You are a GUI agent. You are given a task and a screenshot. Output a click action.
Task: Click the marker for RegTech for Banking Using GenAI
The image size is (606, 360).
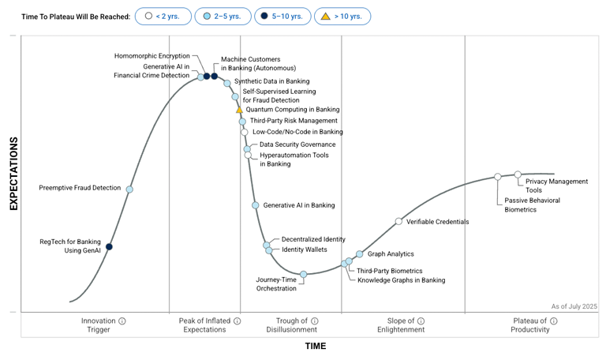coord(109,247)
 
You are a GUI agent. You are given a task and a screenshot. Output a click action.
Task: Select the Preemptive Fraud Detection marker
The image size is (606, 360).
coord(129,189)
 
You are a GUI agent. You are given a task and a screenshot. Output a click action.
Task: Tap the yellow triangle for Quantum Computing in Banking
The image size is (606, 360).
coord(240,110)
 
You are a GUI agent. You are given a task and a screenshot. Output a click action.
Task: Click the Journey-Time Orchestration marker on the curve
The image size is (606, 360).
coord(304,274)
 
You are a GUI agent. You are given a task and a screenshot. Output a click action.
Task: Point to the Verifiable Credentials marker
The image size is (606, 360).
coord(398,222)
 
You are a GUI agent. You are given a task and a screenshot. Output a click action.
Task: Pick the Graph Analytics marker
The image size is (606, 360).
coord(360,254)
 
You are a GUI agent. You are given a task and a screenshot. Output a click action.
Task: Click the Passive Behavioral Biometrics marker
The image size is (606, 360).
coord(498,177)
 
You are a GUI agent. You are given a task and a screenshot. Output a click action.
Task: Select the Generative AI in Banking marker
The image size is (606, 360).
coord(256,205)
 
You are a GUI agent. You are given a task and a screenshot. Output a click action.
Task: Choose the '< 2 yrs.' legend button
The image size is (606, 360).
coord(163,16)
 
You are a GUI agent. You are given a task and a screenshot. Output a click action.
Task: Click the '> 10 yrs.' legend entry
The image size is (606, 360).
coord(342,16)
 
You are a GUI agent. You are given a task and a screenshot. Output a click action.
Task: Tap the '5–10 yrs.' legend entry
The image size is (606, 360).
coord(282,16)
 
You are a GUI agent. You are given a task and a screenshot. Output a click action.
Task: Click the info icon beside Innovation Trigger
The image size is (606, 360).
coord(122,321)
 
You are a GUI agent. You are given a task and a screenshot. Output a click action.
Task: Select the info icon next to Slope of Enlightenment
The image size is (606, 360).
coord(421,321)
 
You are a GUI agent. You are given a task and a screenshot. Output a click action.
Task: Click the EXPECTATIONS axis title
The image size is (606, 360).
coord(13,174)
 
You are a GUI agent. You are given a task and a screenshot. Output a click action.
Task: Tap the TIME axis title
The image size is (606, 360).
coord(316,346)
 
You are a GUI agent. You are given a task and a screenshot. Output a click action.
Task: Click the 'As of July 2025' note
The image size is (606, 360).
coord(574,306)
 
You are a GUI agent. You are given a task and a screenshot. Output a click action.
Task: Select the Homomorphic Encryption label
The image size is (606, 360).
coord(152,56)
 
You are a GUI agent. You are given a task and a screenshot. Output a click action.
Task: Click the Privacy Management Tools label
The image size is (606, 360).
coord(556,186)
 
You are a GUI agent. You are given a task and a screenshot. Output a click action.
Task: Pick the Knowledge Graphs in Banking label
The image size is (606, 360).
coord(401,280)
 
